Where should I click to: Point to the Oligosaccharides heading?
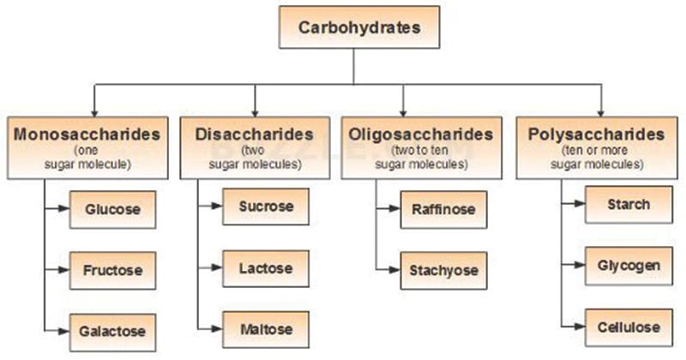[421, 135]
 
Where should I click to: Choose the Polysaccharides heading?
[597, 135]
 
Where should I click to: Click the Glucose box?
[112, 208]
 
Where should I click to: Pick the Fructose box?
[112, 269]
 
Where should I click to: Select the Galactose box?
[112, 329]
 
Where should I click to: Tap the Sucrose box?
[266, 207]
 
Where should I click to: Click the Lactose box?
[266, 268]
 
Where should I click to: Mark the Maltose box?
[266, 329]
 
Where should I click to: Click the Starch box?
[628, 205]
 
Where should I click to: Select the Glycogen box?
[628, 265]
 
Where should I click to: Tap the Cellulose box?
[628, 327]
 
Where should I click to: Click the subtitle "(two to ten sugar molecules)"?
[421, 157]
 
